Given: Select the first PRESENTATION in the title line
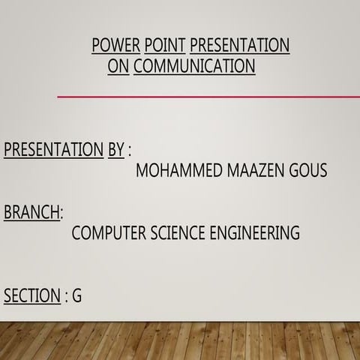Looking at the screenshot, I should click(240, 46).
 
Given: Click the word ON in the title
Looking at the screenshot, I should click(118, 67).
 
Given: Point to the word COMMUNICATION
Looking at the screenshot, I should click(194, 67).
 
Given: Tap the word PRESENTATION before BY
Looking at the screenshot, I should click(53, 149).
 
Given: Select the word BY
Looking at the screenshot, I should click(115, 149).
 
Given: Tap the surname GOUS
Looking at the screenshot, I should click(308, 171).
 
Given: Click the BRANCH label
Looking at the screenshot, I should click(31, 212).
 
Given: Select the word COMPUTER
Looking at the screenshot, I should click(108, 233).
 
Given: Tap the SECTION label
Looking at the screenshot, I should click(31, 296).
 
